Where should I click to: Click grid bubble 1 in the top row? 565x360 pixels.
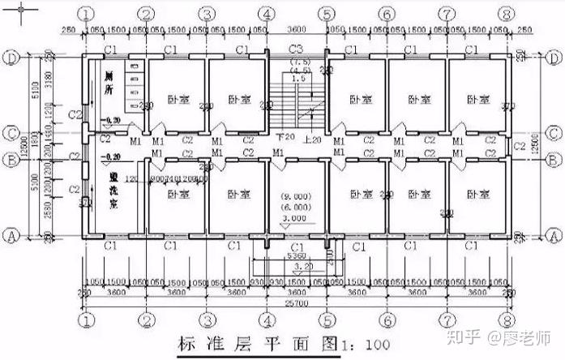[x=86, y=15]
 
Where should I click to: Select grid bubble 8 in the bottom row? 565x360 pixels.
[x=507, y=320]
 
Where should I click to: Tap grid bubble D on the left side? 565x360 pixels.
[x=13, y=58]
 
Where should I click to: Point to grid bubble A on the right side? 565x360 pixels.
[x=554, y=235]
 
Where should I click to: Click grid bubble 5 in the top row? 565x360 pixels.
[x=326, y=15]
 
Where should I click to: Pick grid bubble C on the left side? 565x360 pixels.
[x=13, y=133]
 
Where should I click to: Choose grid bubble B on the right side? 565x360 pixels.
[x=554, y=159]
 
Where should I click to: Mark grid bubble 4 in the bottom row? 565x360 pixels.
[x=267, y=320]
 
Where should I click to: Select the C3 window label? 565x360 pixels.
[x=296, y=49]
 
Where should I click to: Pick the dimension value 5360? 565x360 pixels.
[x=296, y=256]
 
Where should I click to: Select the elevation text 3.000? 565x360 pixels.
[x=296, y=218]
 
